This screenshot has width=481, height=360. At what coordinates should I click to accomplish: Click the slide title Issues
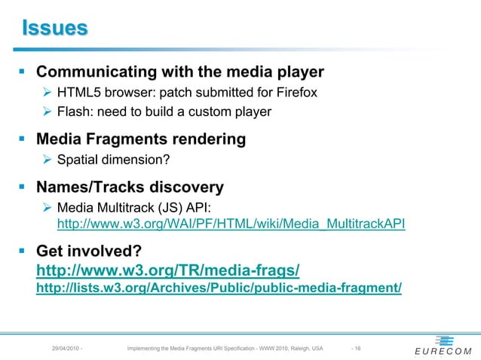[x=54, y=29]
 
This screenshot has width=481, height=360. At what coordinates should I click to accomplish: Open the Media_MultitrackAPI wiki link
[x=231, y=224]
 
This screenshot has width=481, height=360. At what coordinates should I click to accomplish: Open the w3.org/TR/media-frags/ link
[x=168, y=269]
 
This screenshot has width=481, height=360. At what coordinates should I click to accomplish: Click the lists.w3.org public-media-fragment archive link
[x=219, y=287]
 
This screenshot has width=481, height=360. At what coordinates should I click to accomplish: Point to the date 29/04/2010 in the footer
[x=65, y=348]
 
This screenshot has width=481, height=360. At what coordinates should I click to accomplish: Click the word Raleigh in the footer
[x=296, y=348]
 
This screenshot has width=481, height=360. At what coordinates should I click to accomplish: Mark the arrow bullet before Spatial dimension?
[x=47, y=159]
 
